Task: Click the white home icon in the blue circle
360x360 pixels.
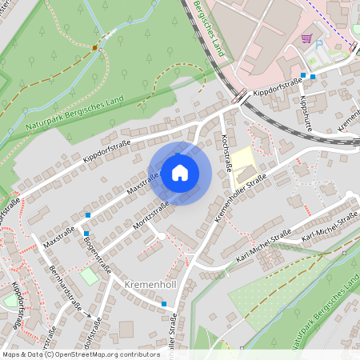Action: (x=180, y=173)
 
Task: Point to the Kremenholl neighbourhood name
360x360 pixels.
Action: (x=150, y=284)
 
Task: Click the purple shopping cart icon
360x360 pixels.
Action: (x=306, y=38)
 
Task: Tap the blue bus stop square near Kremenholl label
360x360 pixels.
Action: (x=163, y=304)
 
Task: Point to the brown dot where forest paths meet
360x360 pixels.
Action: (x=94, y=47)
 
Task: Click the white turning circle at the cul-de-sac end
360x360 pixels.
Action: (x=161, y=236)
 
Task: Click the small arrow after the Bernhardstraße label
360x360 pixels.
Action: (x=89, y=315)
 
